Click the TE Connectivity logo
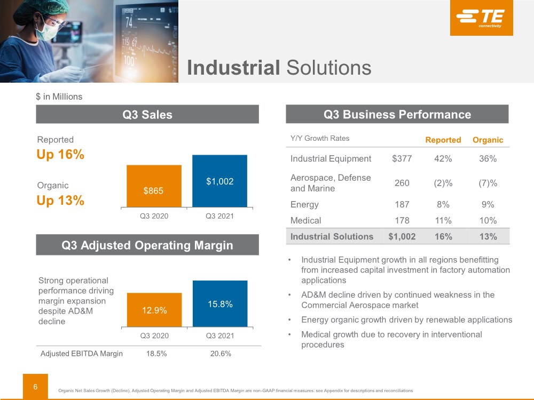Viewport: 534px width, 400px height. tap(481, 18)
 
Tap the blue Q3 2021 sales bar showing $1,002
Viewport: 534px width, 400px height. tap(219, 181)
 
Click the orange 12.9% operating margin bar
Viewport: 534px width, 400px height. tap(154, 310)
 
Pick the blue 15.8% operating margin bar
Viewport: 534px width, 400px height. tap(219, 303)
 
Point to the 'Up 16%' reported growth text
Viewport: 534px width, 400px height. tap(60, 155)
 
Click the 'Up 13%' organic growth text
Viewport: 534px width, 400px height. tap(60, 201)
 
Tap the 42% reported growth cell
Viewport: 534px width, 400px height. tap(443, 158)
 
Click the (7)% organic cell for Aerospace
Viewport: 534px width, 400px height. tap(488, 183)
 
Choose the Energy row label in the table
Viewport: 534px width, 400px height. tap(304, 204)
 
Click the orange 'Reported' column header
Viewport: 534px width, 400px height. tap(443, 140)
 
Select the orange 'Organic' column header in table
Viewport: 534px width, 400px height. tap(488, 140)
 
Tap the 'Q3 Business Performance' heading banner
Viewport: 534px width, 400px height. tap(397, 114)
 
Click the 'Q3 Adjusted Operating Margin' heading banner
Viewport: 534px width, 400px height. tap(147, 245)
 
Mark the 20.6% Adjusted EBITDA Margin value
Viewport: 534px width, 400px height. tap(219, 354)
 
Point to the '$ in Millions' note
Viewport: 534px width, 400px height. tap(59, 97)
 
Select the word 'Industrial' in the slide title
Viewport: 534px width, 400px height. tap(233, 68)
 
